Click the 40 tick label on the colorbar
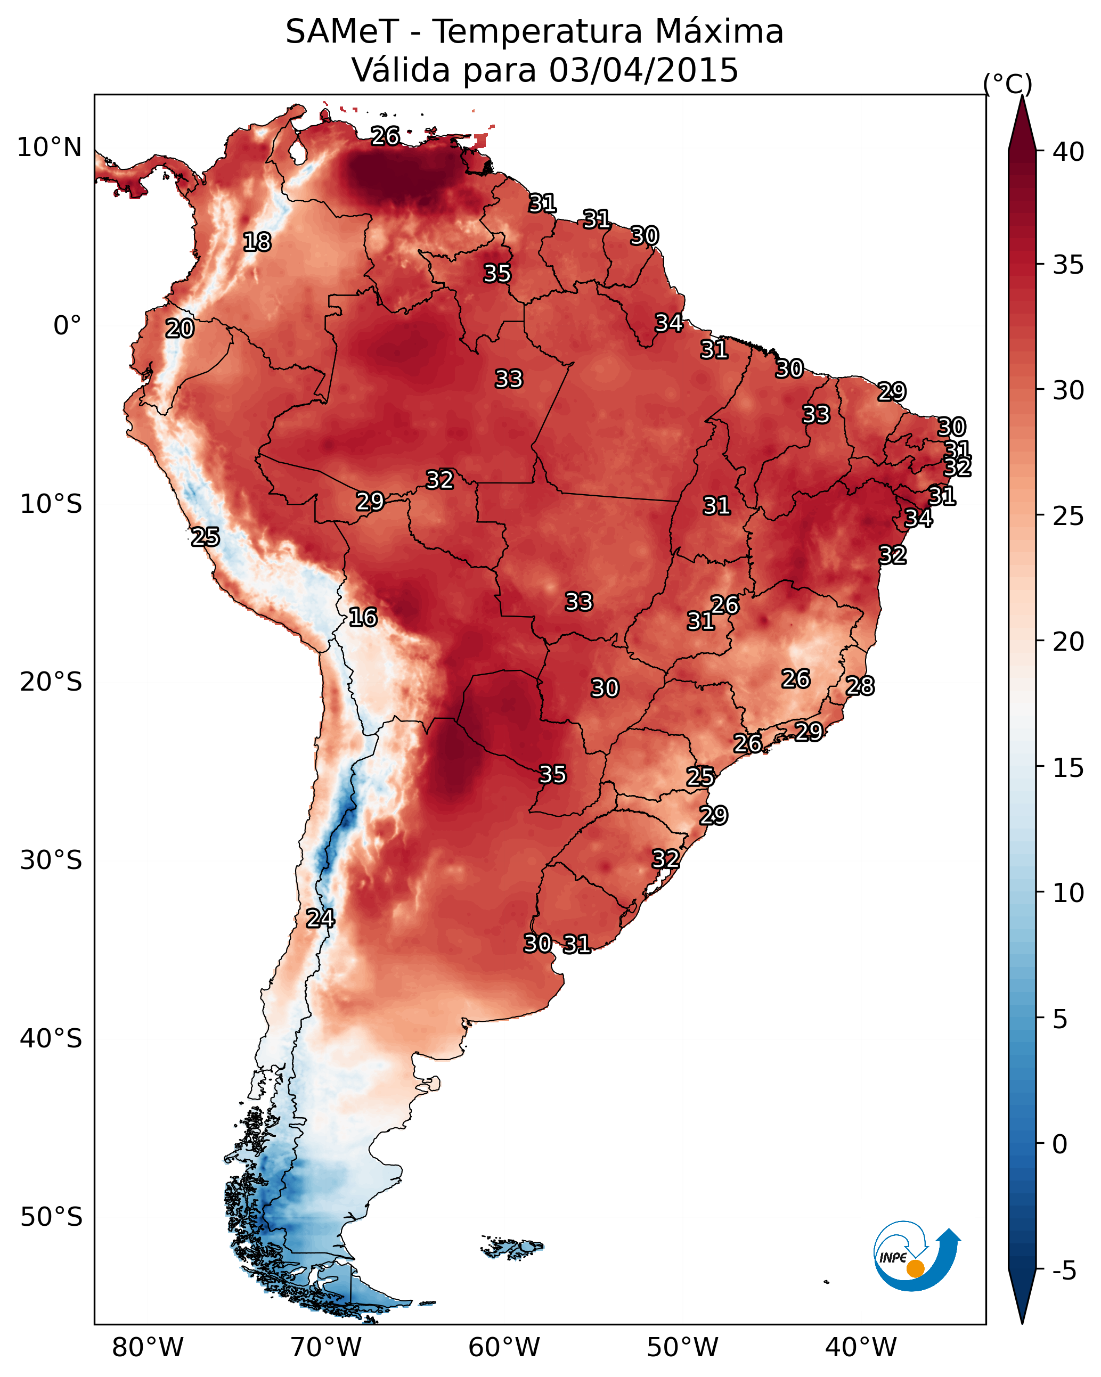[1068, 152]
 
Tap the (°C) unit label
[1008, 84]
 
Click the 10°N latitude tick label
[49, 147]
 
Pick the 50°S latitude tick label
[51, 1217]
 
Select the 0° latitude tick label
[67, 326]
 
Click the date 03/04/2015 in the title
[643, 70]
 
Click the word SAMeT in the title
[342, 32]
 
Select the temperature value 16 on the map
[363, 618]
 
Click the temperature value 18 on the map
[257, 242]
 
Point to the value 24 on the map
[320, 919]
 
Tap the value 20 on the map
[180, 329]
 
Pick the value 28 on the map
[860, 686]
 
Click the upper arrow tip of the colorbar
[1022, 96]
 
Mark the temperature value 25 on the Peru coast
[205, 537]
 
